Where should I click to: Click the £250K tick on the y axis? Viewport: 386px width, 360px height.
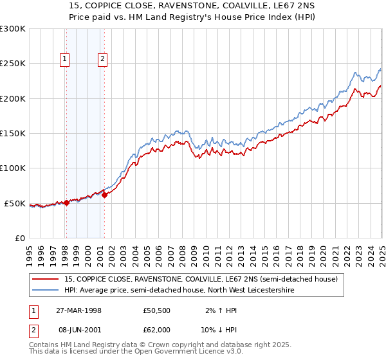click(13, 64)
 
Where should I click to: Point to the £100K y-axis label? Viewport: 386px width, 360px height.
click(13, 168)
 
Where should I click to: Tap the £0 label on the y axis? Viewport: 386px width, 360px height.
click(19, 238)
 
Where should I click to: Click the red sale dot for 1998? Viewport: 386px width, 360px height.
click(66, 203)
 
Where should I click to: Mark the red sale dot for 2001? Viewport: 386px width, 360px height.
click(104, 195)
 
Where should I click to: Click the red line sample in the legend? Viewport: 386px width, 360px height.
click(46, 279)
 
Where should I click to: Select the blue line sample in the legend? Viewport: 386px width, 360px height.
click(46, 291)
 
